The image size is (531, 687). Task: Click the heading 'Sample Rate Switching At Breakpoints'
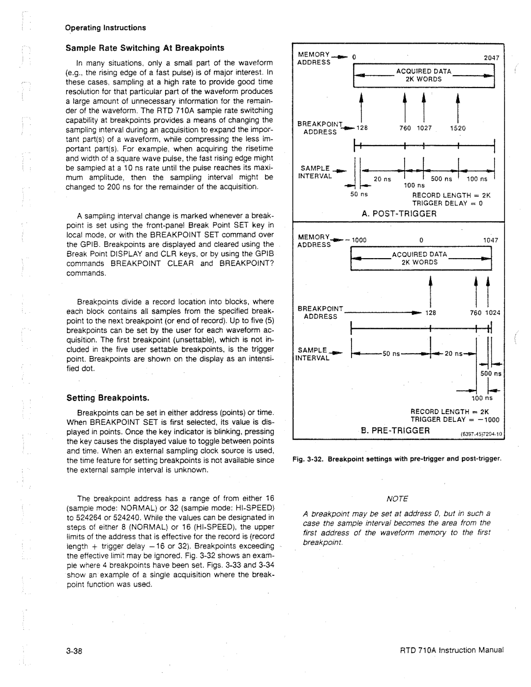coord(145,48)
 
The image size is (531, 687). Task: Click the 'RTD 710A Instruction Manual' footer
coord(453,650)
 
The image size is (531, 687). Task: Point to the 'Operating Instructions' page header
coord(106,28)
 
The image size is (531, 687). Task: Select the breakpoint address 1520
coord(458,128)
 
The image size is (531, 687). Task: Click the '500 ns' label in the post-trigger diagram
coord(442,179)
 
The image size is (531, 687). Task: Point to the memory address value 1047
coord(491,240)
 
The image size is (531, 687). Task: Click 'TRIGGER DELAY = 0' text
coord(447,203)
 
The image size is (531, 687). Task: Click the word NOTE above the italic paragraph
coord(398,499)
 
